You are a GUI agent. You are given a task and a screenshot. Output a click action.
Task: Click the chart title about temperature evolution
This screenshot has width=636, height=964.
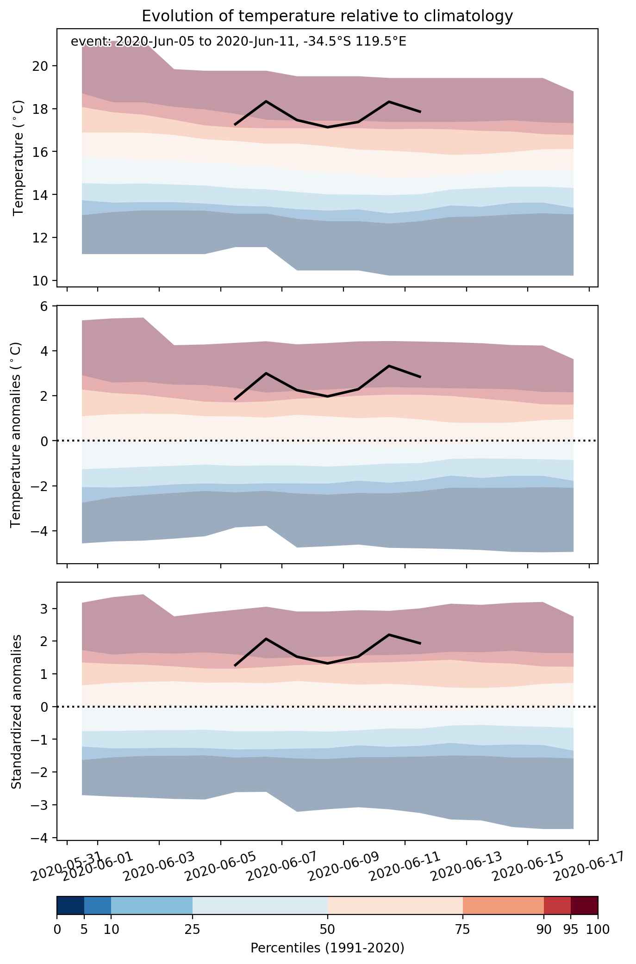(327, 16)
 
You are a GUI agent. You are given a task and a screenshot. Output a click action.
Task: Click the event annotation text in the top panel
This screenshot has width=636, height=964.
(238, 42)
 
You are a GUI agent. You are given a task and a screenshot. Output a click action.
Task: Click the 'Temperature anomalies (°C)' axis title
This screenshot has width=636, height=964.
(16, 435)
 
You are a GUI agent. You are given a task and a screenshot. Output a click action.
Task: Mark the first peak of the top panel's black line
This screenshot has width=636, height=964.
(266, 101)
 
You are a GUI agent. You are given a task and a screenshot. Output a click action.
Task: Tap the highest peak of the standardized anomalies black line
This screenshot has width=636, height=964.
(389, 634)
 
